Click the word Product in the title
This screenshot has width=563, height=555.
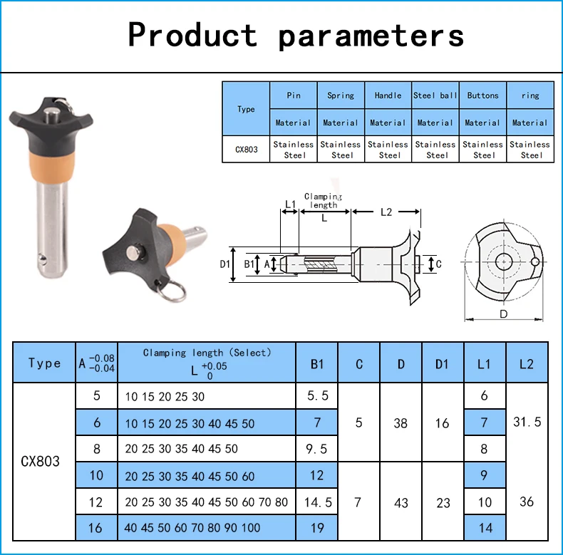click(193, 35)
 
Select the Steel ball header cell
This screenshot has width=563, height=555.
click(435, 95)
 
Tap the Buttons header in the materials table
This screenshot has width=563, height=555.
click(483, 95)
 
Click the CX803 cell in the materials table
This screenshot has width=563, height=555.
click(247, 149)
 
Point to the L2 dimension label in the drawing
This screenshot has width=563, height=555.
click(386, 212)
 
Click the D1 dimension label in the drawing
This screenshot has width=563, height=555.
click(224, 264)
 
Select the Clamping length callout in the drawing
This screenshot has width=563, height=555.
click(323, 201)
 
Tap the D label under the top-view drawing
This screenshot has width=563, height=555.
click(503, 314)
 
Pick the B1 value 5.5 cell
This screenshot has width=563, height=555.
click(317, 395)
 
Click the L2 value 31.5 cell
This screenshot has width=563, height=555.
click(527, 422)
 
